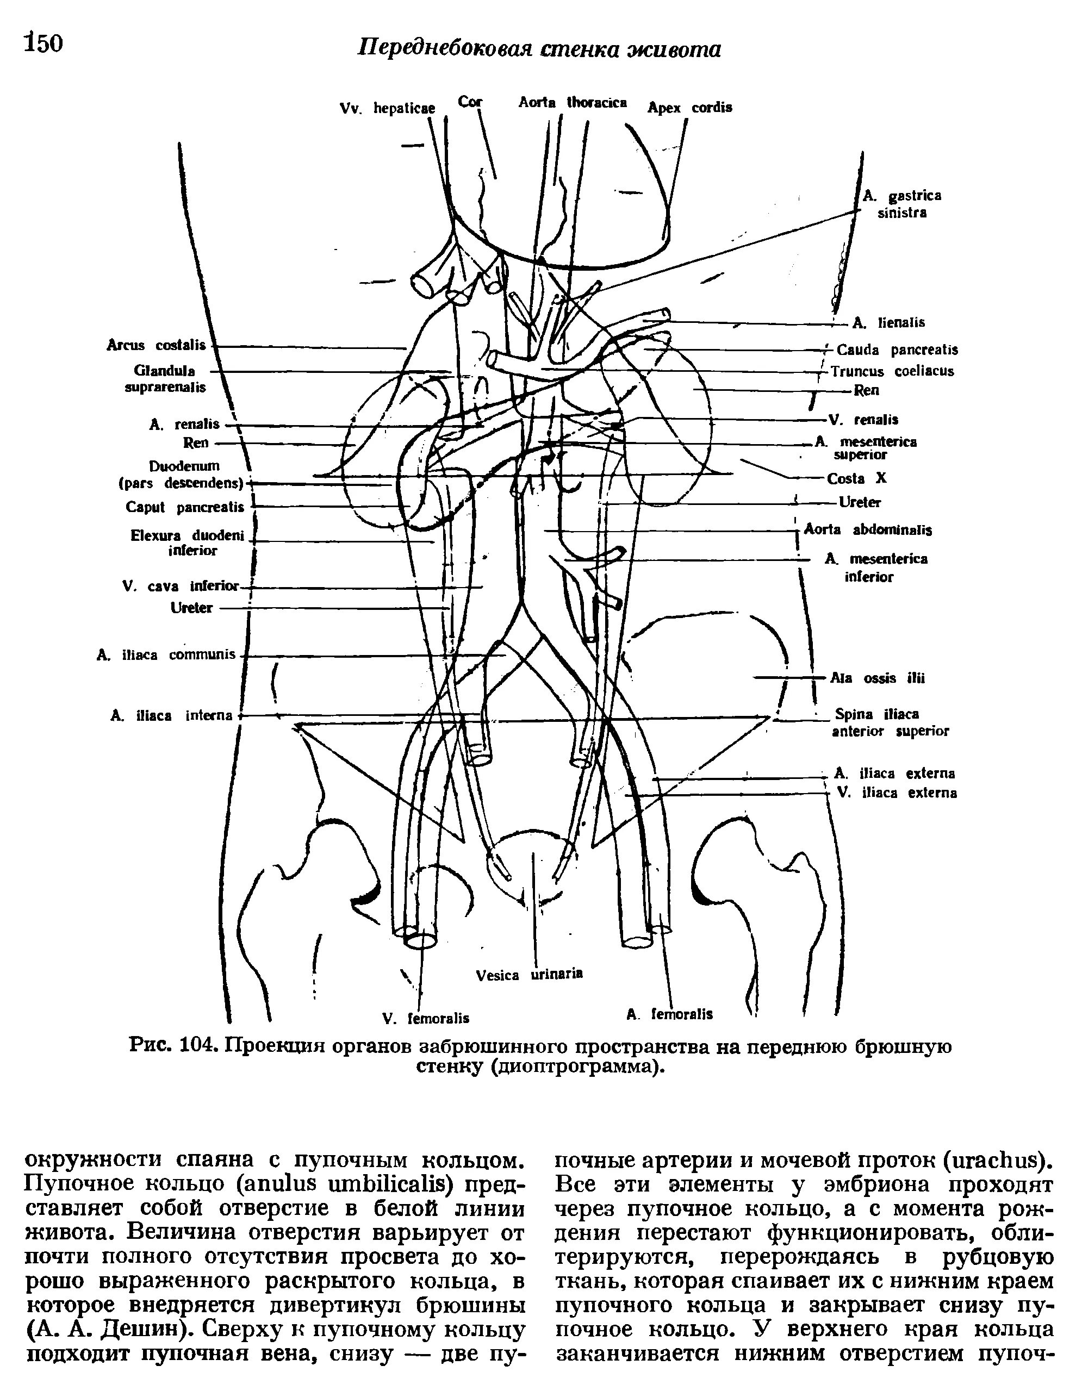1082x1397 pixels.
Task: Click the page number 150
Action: pyautogui.click(x=43, y=43)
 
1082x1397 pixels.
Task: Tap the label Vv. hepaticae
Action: pyautogui.click(x=387, y=109)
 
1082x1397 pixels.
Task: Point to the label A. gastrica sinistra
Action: pyautogui.click(x=901, y=204)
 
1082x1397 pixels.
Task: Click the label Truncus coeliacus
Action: pyautogui.click(x=892, y=371)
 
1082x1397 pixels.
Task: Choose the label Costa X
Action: pyautogui.click(x=857, y=478)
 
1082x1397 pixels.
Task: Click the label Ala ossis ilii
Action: pyautogui.click(x=877, y=678)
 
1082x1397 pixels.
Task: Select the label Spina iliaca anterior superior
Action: pyautogui.click(x=890, y=722)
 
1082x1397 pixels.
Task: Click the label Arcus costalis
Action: pyautogui.click(x=156, y=345)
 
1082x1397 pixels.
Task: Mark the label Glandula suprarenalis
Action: pyautogui.click(x=165, y=379)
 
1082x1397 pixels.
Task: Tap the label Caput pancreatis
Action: pyautogui.click(x=185, y=507)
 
